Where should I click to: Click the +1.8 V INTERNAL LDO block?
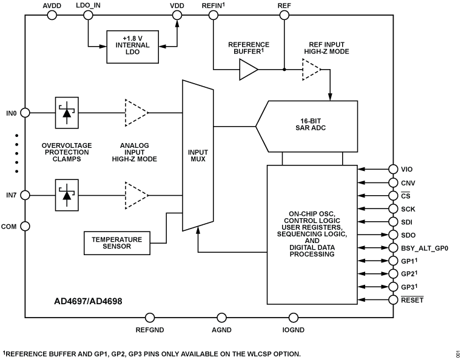(132, 45)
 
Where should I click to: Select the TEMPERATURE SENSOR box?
(116, 244)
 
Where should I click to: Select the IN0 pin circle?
(25, 112)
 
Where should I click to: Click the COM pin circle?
(25, 226)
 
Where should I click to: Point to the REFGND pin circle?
(150, 317)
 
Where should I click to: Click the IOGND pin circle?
(294, 317)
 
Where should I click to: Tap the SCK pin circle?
(392, 208)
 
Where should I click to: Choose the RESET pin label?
(412, 300)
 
